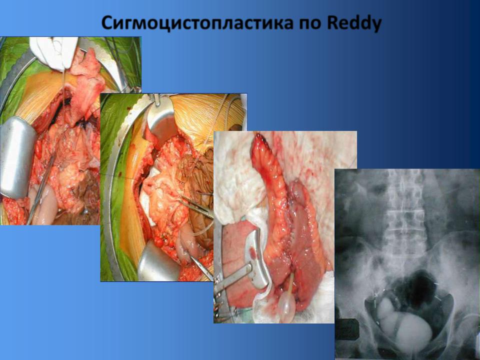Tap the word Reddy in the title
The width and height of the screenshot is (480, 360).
tap(354, 23)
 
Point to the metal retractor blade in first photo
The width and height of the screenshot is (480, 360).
tap(17, 156)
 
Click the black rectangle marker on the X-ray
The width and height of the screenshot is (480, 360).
tap(346, 329)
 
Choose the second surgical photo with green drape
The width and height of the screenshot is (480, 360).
tap(173, 187)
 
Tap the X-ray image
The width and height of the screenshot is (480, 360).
tap(407, 264)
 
